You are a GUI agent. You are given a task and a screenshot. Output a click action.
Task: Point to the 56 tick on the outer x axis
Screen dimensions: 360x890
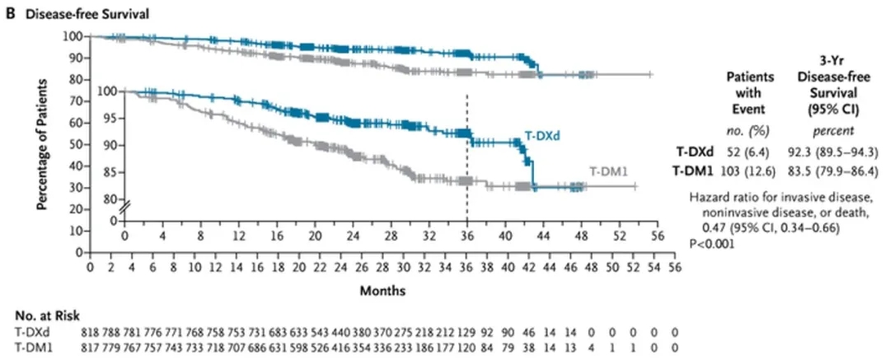(x=675, y=268)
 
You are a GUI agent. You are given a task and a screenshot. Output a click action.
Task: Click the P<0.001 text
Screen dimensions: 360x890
(x=710, y=245)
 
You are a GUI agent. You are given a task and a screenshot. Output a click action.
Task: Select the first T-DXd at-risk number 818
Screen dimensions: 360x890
(x=89, y=331)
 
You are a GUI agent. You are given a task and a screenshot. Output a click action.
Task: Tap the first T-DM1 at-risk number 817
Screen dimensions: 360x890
(x=89, y=345)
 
